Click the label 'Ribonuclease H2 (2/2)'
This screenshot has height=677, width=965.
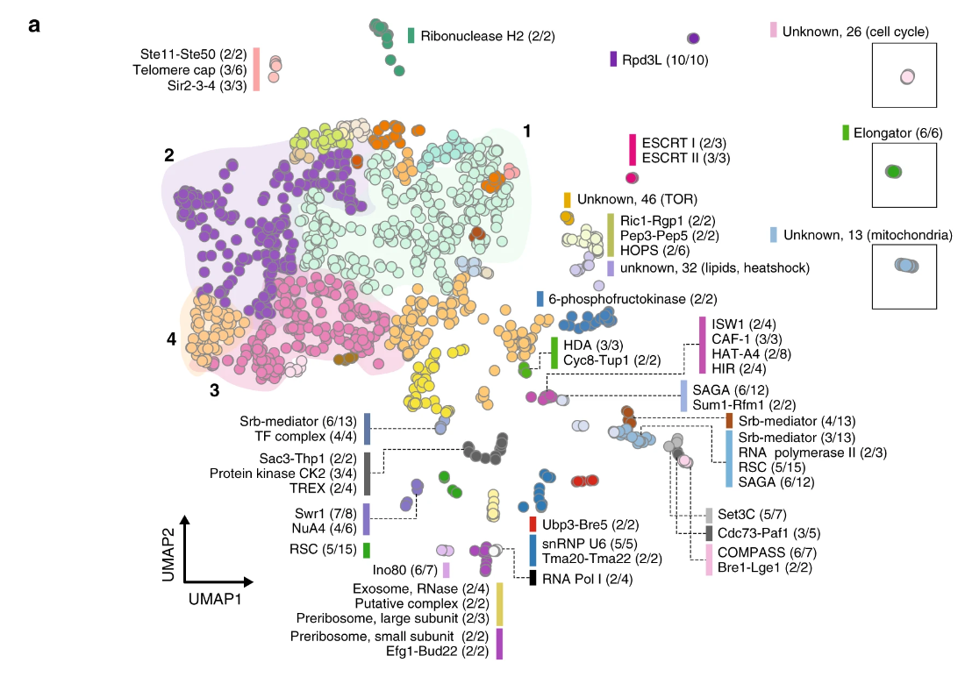(x=487, y=36)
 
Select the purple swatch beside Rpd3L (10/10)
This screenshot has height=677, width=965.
(x=614, y=60)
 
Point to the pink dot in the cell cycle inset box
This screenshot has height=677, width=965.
(x=907, y=77)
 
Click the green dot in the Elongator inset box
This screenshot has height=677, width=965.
(x=893, y=172)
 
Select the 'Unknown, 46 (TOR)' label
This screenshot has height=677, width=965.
(x=627, y=200)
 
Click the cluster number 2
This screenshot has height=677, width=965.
(x=168, y=156)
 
